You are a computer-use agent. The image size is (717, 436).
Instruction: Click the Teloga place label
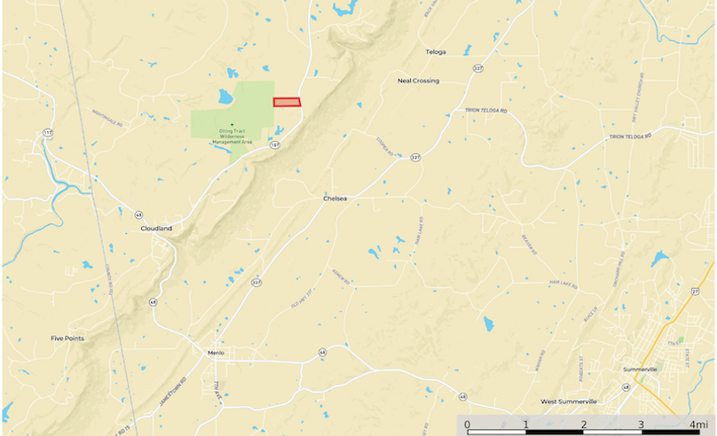[436, 52]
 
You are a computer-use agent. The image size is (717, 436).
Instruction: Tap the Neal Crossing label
[418, 81]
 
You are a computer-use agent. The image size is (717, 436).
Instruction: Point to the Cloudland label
[156, 229]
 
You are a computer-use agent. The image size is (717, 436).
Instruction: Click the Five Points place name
[67, 339]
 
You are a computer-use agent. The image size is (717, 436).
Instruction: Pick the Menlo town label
[215, 353]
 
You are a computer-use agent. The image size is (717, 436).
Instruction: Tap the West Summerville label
[569, 401]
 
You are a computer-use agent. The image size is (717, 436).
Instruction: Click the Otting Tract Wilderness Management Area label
[231, 136]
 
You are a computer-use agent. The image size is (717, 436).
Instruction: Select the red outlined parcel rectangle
[287, 102]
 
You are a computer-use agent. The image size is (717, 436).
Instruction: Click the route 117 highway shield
[47, 132]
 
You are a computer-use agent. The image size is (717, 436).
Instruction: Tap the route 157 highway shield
[276, 144]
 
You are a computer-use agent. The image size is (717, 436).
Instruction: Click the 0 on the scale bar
[468, 424]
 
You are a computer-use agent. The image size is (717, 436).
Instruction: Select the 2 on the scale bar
[583, 424]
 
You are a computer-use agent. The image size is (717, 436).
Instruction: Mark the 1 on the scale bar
[525, 424]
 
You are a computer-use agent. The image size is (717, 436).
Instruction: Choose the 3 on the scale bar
[641, 424]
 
